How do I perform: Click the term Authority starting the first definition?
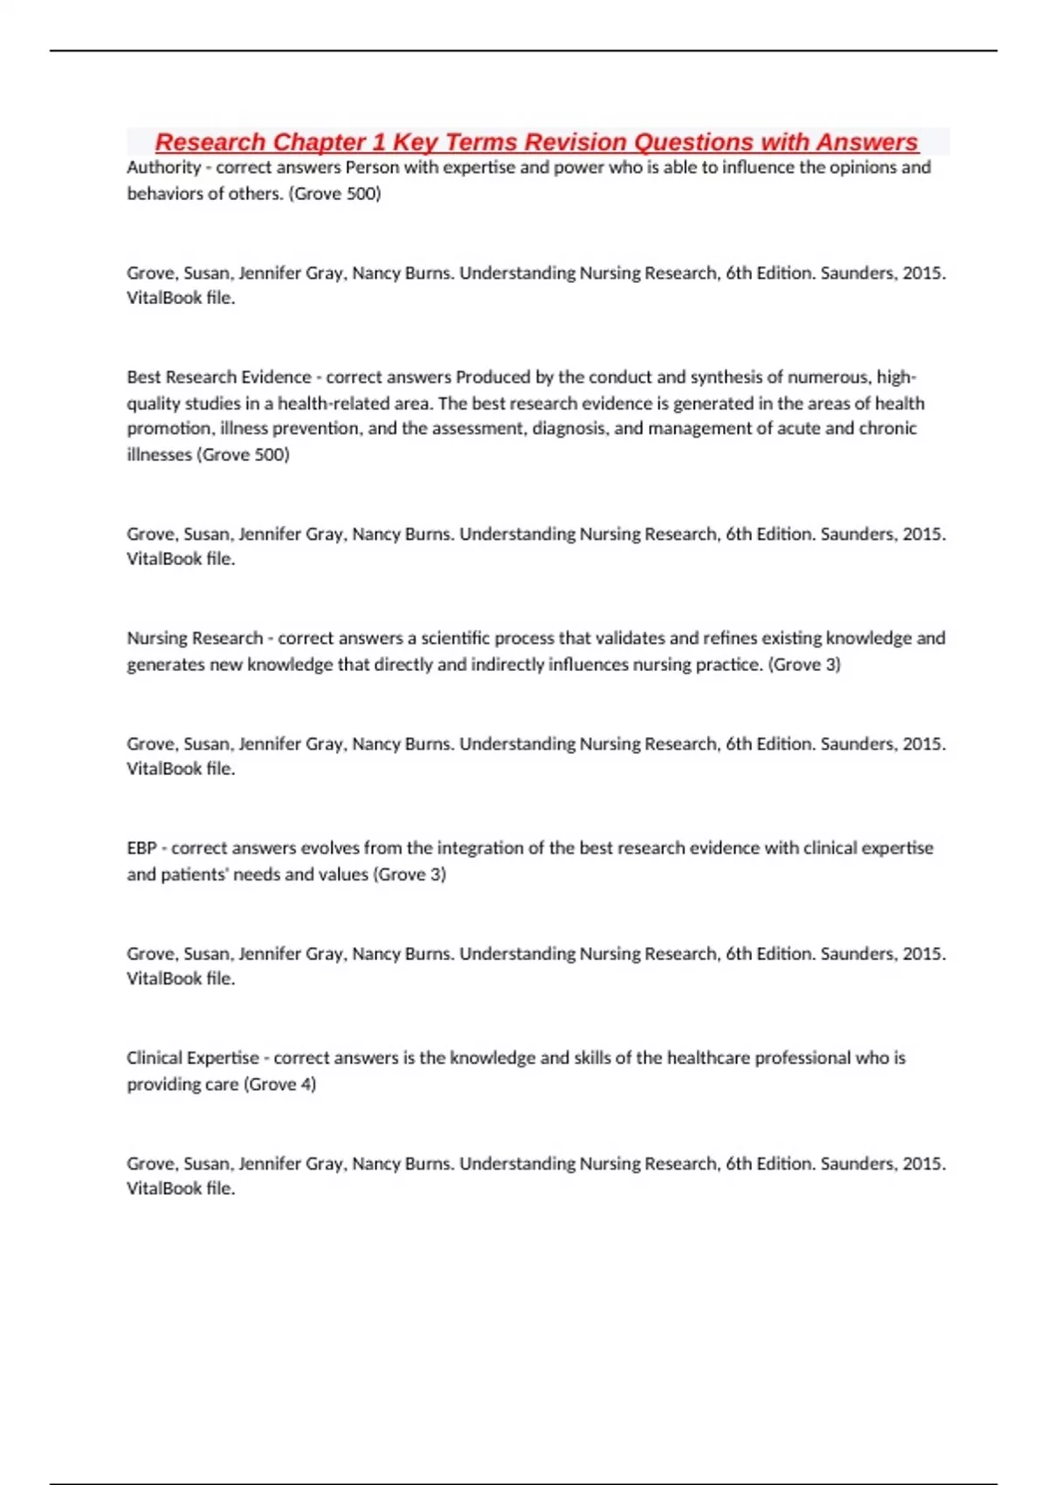coord(163,168)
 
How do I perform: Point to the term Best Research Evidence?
coord(218,377)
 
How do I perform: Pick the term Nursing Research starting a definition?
coord(194,639)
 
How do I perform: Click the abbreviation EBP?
coord(141,848)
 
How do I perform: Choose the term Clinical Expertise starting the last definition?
coord(192,1058)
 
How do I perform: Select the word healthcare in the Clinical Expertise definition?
coord(707,1058)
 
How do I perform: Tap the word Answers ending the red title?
coord(866,142)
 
